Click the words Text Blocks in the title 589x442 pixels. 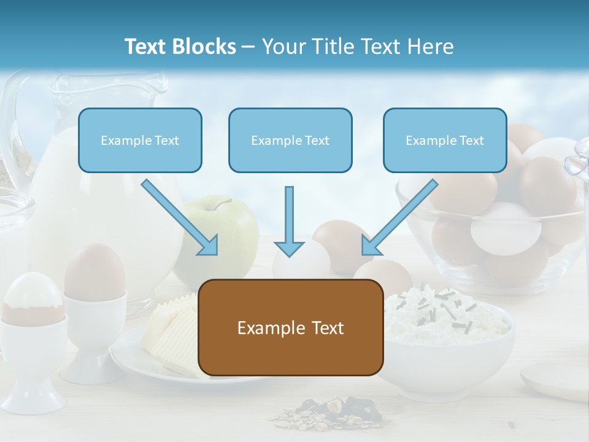[x=180, y=47]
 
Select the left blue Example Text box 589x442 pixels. [x=140, y=141]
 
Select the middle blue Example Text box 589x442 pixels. [x=290, y=141]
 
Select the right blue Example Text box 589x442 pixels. [x=445, y=141]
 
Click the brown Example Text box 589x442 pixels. [x=290, y=328]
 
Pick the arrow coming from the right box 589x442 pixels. [x=399, y=217]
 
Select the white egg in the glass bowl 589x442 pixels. [x=506, y=227]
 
